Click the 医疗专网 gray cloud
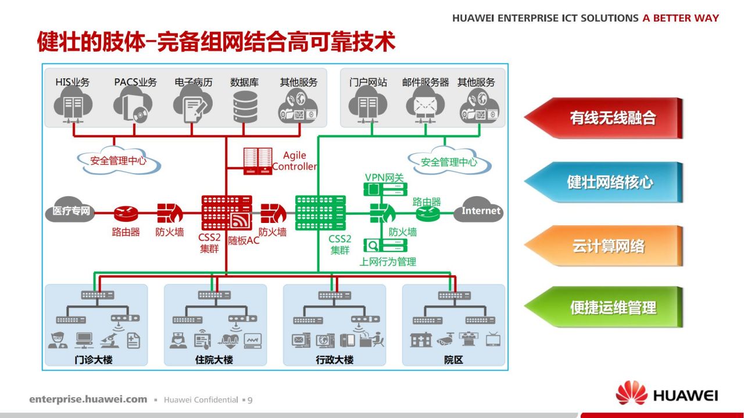[x=70, y=210]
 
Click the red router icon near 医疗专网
[x=126, y=214]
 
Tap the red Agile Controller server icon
[x=257, y=161]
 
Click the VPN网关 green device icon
[x=385, y=189]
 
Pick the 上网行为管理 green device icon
[x=385, y=246]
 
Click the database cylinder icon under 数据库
[x=245, y=107]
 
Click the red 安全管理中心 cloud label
[x=119, y=161]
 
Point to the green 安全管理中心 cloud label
[x=449, y=162]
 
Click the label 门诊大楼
[x=94, y=359]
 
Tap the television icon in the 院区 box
[x=493, y=340]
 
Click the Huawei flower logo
[x=631, y=393]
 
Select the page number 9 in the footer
[x=250, y=400]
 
